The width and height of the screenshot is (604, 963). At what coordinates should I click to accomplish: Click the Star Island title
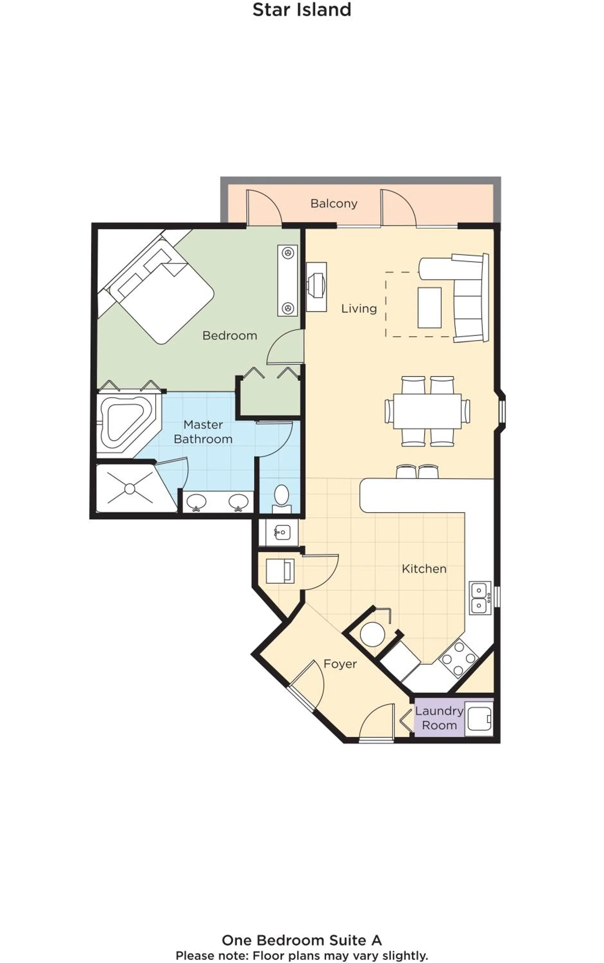302,10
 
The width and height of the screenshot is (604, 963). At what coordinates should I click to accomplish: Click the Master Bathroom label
203,431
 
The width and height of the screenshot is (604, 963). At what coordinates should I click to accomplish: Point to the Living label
359,308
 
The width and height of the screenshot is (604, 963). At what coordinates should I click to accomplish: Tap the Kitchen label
424,568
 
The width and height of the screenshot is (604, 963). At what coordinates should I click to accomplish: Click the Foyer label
340,664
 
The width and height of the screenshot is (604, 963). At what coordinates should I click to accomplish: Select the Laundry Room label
439,718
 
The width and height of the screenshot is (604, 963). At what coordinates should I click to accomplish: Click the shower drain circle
129,489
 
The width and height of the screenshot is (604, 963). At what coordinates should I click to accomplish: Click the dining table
427,411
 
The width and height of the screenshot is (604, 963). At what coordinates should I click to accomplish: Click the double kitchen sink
479,598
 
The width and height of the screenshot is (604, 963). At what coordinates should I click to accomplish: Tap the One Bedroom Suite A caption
302,940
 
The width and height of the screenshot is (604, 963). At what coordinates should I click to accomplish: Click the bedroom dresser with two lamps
288,281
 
